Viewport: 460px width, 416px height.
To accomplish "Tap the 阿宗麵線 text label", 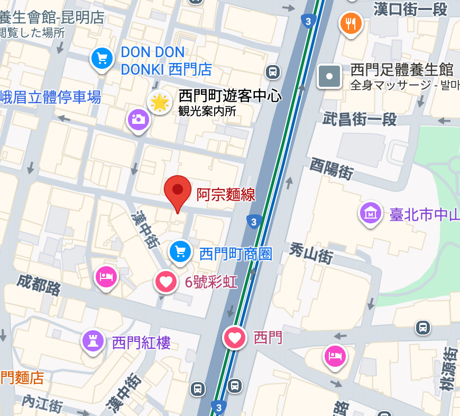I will coord(226,195).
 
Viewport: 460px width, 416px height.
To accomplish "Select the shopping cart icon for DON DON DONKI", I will coord(103,58).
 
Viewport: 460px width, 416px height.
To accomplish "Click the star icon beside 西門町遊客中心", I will coord(159,102).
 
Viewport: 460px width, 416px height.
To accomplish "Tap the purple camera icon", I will coord(139,119).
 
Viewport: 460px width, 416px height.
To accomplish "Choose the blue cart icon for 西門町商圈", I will coord(180,251).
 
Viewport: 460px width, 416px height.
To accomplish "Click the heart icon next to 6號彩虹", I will coord(166,282).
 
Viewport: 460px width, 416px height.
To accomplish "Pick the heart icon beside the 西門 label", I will coord(235,337).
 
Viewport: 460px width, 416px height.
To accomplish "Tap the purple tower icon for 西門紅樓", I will coord(93,341).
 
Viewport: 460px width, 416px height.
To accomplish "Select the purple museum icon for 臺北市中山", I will coord(371,213).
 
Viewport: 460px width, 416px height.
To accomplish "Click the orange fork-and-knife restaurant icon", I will coord(351,23).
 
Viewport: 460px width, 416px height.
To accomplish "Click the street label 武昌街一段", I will coord(360,119).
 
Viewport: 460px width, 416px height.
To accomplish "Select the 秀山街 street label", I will coord(311,252).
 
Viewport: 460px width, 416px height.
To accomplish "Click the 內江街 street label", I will coord(42,403).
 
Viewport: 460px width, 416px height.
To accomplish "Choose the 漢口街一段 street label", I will coord(410,8).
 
